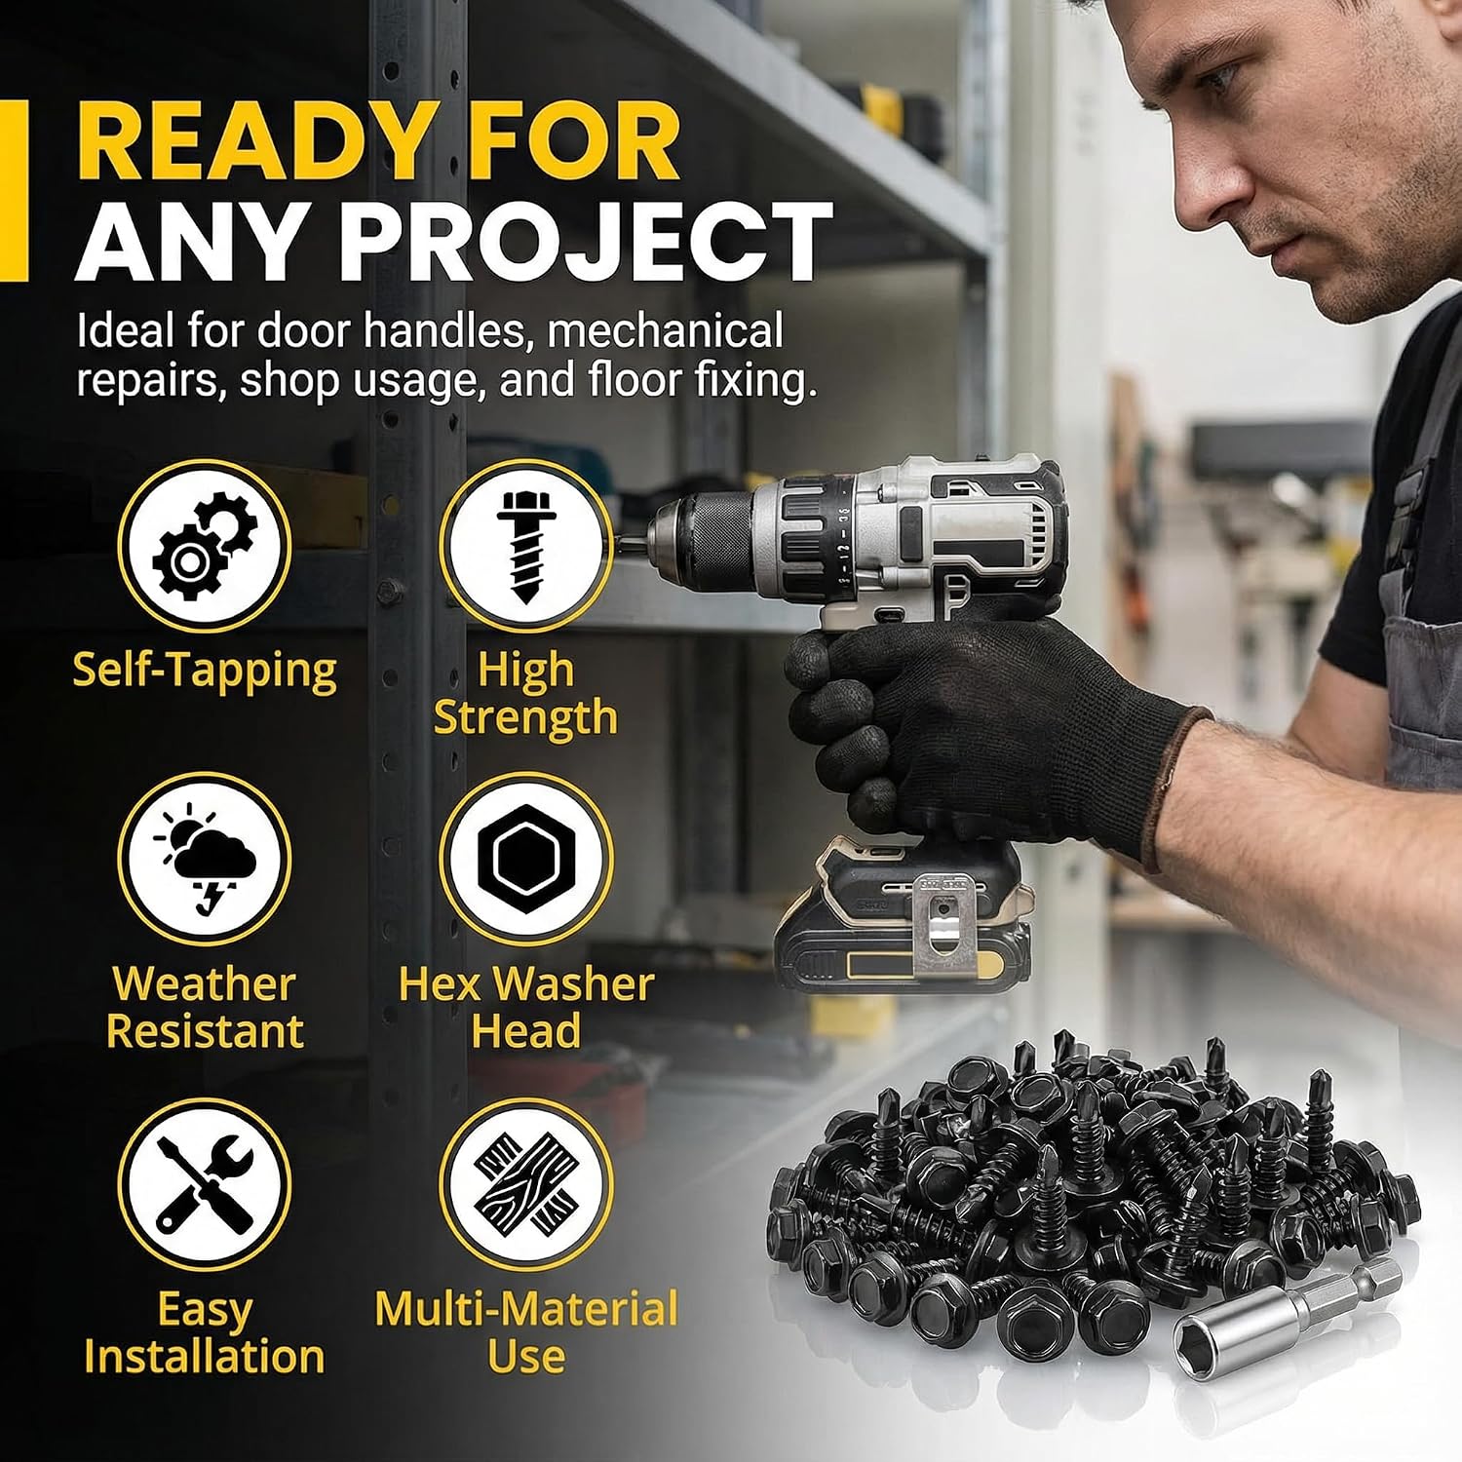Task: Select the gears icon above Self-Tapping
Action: point(205,545)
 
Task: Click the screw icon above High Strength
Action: point(525,545)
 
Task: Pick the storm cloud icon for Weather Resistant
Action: point(205,859)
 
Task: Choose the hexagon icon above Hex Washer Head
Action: point(525,859)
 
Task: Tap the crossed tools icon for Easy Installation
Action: point(205,1184)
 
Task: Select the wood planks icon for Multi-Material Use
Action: point(525,1184)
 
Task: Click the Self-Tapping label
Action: point(205,672)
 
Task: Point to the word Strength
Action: point(525,719)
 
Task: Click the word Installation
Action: point(205,1357)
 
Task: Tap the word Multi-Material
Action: point(526,1309)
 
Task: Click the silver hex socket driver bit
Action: point(1288,1308)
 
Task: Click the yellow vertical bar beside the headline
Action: point(14,190)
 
